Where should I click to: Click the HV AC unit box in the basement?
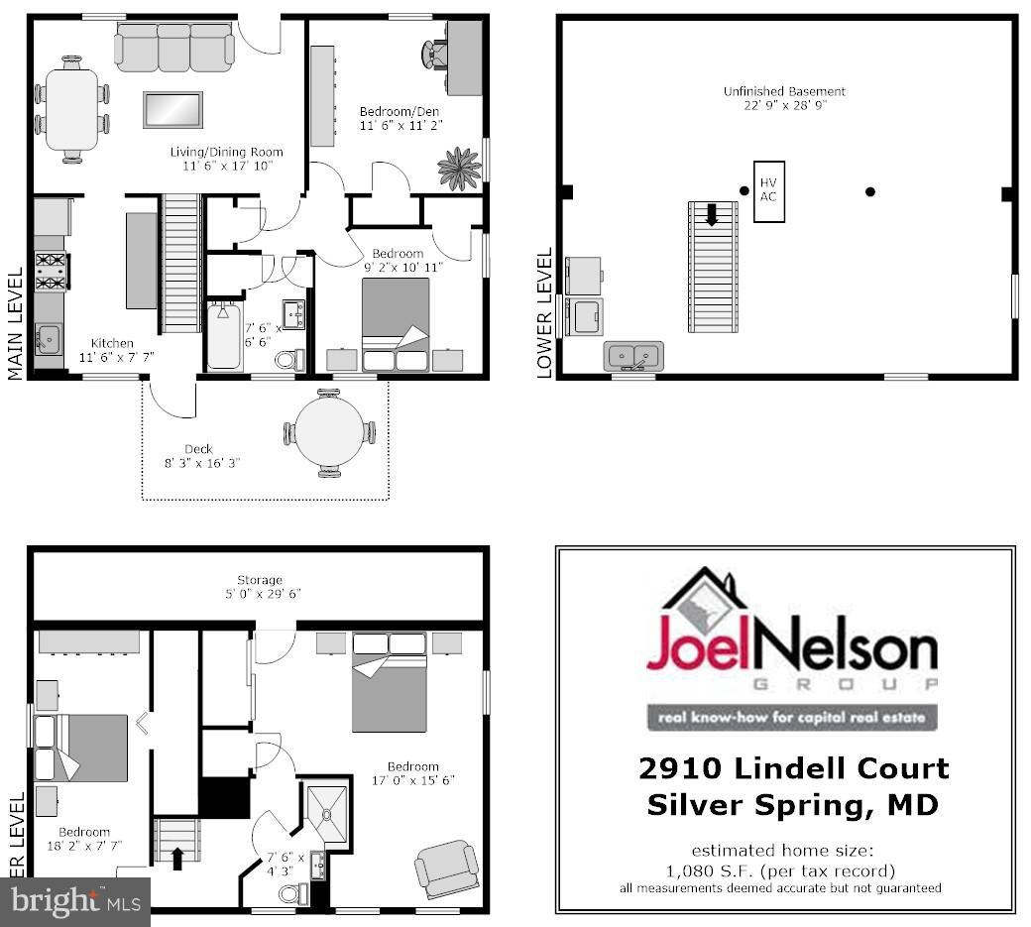769,190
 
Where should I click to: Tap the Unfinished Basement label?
783,97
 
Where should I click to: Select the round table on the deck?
330,431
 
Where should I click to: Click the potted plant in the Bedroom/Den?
459,168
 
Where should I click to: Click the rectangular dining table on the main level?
72,109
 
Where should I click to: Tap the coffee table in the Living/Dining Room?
172,109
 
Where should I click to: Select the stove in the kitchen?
51,272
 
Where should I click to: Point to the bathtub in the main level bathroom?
223,337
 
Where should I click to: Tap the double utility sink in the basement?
634,354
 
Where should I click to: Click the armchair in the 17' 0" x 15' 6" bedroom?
445,869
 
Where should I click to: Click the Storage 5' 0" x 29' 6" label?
260,586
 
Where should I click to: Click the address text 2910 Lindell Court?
793,768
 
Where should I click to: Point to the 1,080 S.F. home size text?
781,870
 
